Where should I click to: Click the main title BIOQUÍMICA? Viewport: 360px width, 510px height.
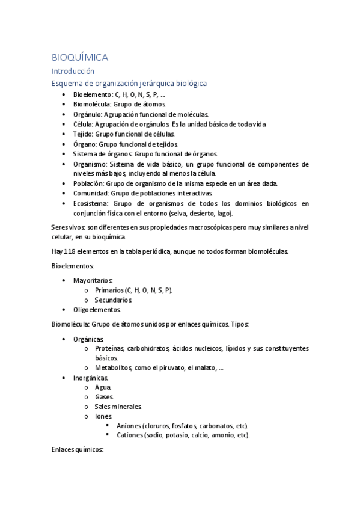pos(80,57)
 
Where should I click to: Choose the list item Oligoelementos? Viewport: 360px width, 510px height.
pos(97,310)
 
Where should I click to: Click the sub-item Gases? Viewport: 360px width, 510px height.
pos(104,397)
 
